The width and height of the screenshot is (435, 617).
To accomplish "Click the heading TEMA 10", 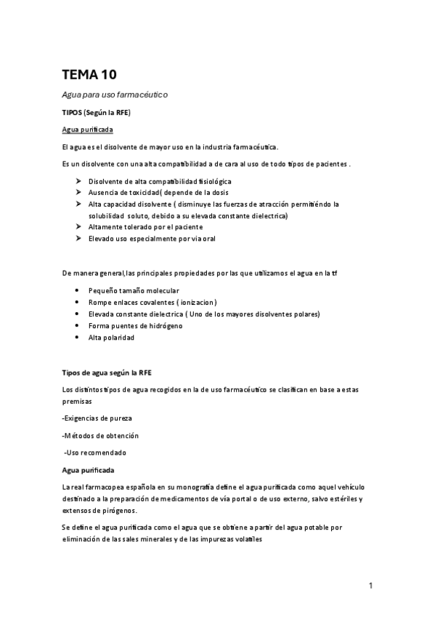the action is [89, 74].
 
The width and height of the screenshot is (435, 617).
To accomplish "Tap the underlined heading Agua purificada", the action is [87, 130].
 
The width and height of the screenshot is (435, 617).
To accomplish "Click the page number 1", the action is [370, 585].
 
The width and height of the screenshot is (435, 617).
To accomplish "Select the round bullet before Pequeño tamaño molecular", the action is [78, 290].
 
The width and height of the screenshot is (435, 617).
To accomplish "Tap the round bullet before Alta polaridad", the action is [78, 338].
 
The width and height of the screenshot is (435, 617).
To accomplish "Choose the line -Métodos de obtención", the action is [100, 435].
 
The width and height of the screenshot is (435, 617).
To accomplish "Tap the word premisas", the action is [77, 401].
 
